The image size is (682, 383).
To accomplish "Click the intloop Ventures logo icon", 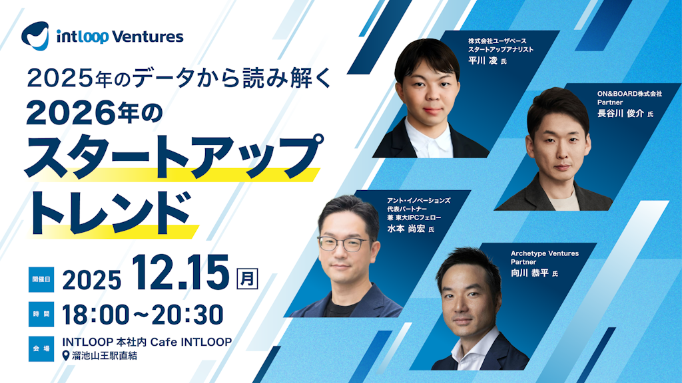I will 35,35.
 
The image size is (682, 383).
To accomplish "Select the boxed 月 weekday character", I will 248,277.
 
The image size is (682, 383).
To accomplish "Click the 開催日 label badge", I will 39,278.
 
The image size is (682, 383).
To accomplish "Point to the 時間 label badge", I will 39,313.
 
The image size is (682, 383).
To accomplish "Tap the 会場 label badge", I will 39,348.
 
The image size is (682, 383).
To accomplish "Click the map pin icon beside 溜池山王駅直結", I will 65,356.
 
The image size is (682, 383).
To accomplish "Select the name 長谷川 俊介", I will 621,114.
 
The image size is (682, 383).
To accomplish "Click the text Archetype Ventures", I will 545,253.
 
